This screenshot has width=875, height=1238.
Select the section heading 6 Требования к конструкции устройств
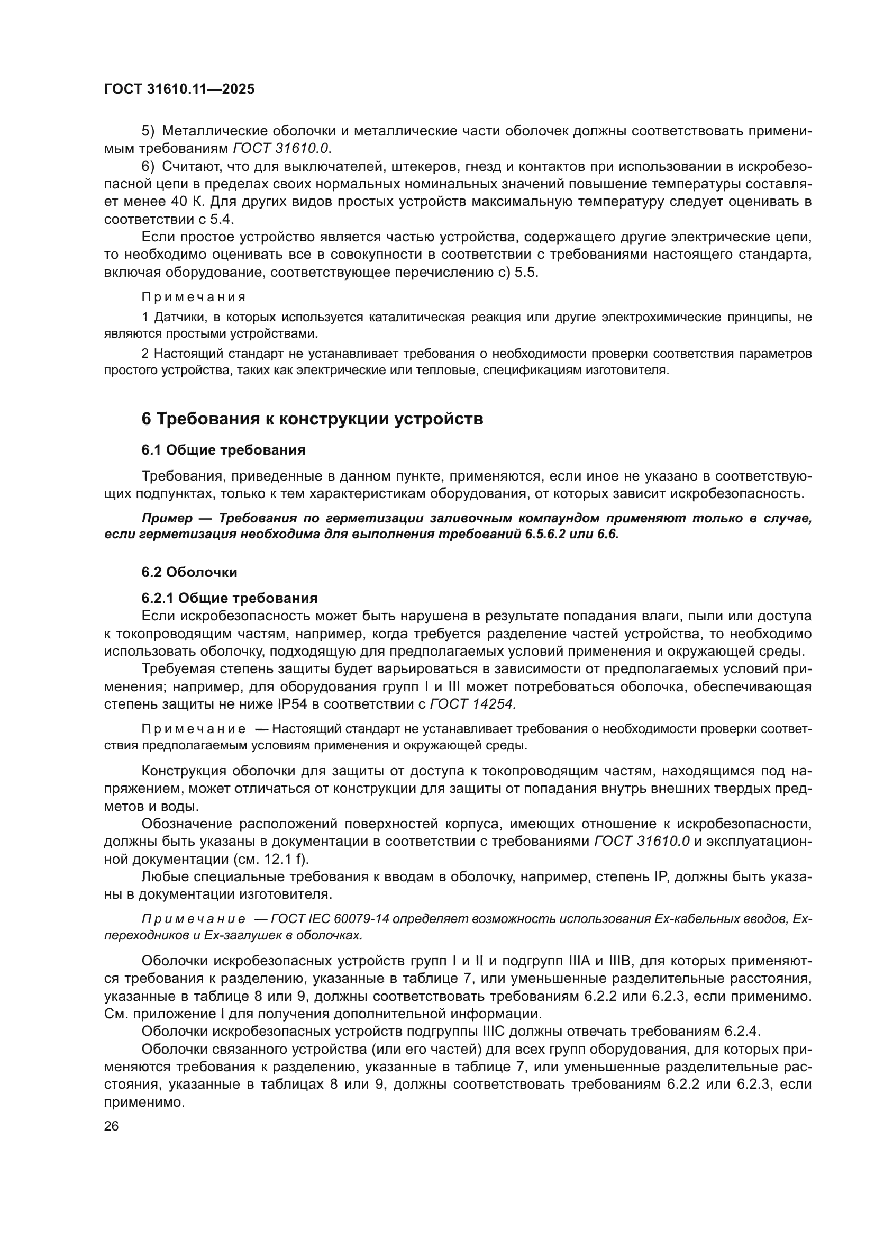[x=312, y=419]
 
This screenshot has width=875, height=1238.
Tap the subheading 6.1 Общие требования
[x=223, y=450]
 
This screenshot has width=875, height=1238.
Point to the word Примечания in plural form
[x=194, y=297]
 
